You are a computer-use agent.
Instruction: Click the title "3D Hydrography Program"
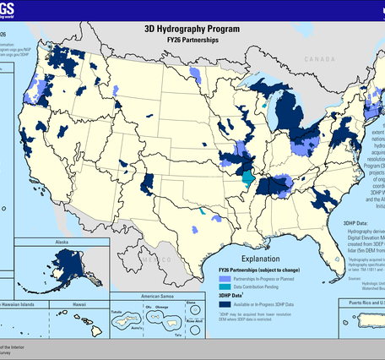[193, 27]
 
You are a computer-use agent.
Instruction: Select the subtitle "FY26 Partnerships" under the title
[193, 38]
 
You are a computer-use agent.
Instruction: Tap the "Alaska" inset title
[61, 241]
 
